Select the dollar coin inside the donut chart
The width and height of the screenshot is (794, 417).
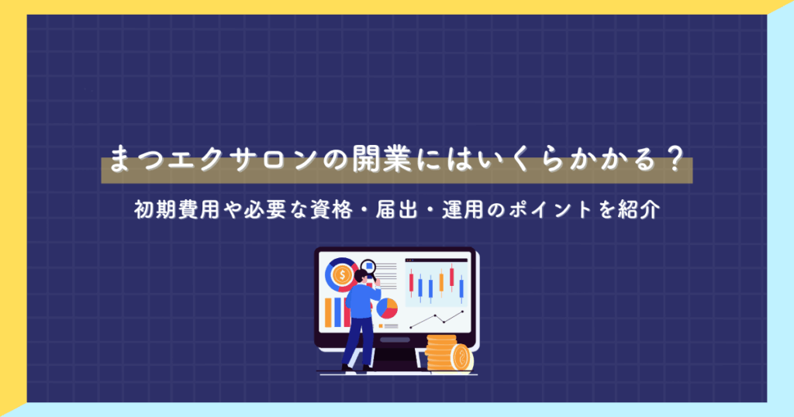(341, 274)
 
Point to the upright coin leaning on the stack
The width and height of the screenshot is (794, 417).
(462, 357)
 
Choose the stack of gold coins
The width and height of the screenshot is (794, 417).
(440, 353)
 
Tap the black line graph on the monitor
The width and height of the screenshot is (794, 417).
(437, 319)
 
